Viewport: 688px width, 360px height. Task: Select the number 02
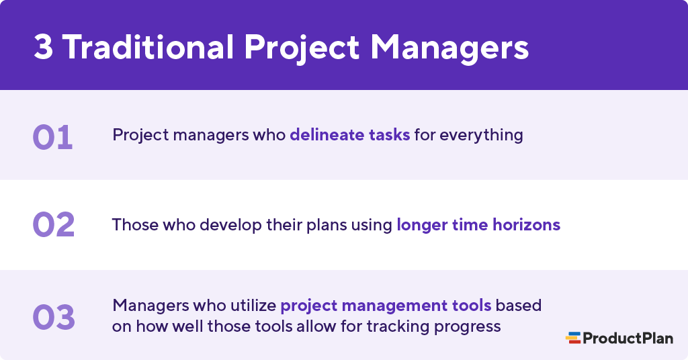54,225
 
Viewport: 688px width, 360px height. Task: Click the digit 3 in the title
43,47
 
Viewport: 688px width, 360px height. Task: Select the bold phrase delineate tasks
349,134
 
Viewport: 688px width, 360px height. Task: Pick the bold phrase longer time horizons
478,224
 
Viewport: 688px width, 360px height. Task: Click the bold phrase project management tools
386,306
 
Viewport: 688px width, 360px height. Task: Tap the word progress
468,327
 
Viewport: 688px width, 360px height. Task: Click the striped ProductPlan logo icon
572,338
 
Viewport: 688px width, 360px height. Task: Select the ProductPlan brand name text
627,338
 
